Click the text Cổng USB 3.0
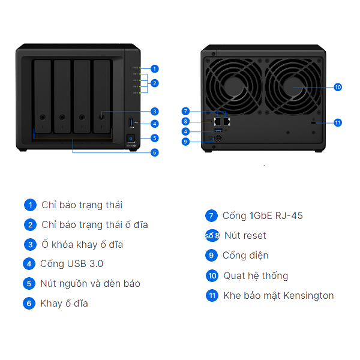71,263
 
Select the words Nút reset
245,236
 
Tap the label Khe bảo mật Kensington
278,295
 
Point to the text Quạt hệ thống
256,276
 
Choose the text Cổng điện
245,256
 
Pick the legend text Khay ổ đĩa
64,303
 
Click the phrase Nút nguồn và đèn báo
90,283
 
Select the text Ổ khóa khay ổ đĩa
82,244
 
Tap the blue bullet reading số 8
212,236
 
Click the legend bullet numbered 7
211,216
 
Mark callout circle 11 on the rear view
338,122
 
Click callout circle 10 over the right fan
338,87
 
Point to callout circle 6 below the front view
155,152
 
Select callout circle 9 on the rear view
186,142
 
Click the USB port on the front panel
131,123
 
